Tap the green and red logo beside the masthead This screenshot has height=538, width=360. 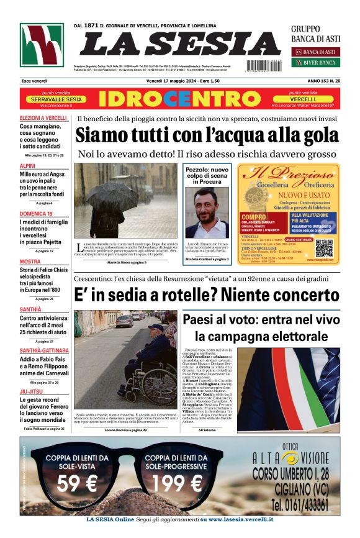point(41,45)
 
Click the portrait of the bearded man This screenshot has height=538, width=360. point(207,212)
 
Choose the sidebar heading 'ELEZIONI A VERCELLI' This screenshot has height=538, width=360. point(43,118)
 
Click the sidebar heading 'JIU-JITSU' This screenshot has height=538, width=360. point(31,391)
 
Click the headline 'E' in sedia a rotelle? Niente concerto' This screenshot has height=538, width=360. point(207,294)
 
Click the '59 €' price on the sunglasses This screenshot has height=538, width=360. point(77,483)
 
